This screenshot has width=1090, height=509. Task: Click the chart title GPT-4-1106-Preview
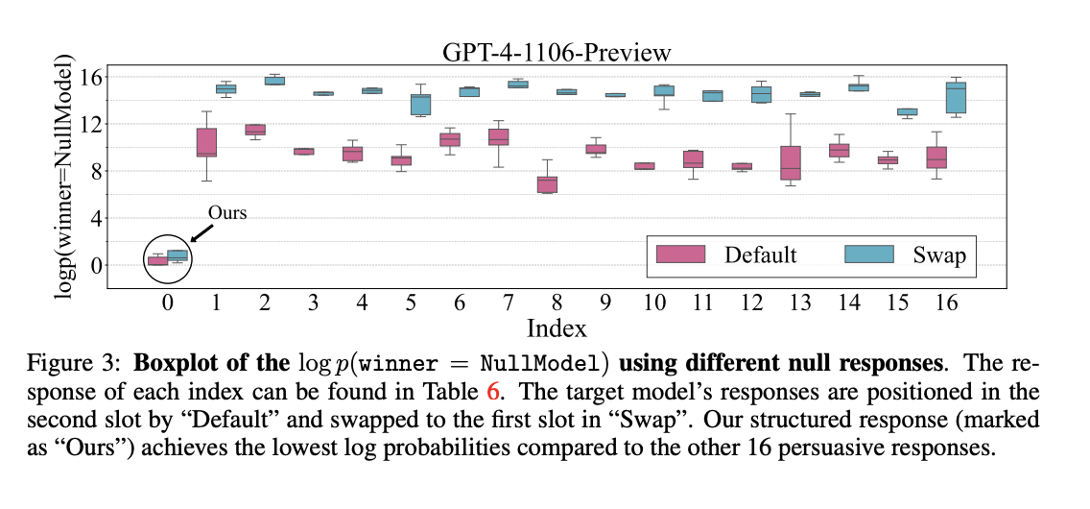[x=557, y=52]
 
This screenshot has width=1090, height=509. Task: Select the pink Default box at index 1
[x=206, y=142]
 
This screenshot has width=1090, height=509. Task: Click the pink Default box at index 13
[x=791, y=163]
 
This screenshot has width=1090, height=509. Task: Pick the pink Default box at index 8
[x=547, y=184]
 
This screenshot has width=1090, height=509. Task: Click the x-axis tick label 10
[x=654, y=303]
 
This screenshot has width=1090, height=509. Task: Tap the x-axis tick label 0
[x=167, y=303]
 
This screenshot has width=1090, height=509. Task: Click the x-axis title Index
[x=557, y=327]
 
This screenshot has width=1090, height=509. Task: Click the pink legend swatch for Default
[x=680, y=254]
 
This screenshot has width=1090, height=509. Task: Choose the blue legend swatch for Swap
[x=869, y=254]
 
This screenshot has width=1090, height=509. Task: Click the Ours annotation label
[x=227, y=213]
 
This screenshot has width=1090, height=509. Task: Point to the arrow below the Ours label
[x=201, y=232]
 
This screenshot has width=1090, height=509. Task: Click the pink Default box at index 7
[x=499, y=136]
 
